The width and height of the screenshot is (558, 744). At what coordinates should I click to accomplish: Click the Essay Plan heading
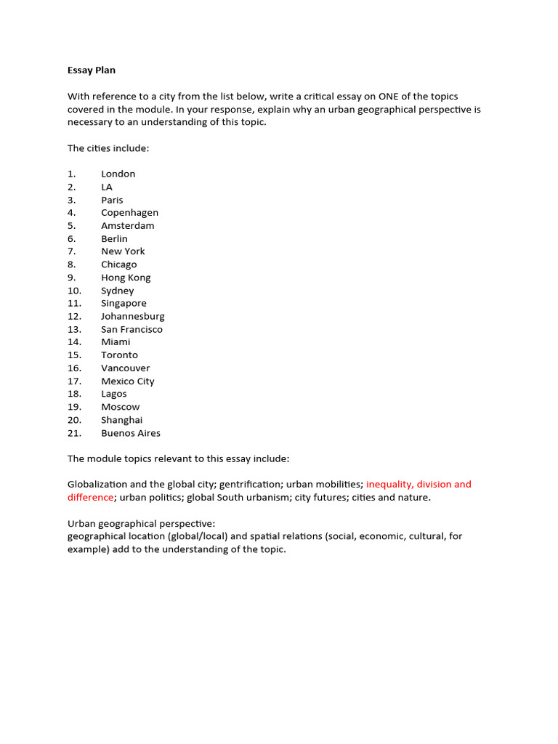point(92,70)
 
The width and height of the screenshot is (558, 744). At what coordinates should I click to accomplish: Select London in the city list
point(118,174)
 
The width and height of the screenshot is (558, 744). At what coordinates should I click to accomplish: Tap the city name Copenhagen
point(129,212)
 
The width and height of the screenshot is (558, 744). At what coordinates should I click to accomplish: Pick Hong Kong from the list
point(126,278)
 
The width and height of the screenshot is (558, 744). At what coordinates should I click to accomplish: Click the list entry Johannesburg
point(133,316)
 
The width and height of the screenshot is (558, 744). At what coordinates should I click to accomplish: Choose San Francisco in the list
point(132,329)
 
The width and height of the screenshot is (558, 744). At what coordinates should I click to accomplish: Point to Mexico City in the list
point(128,381)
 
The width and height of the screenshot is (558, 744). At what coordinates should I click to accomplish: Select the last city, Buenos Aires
point(131,433)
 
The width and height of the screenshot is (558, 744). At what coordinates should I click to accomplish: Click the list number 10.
point(75,291)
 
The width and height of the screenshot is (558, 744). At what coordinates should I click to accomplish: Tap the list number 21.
point(75,433)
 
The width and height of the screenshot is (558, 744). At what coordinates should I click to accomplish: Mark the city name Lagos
point(114,394)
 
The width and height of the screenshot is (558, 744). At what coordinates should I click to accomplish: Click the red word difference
point(90,497)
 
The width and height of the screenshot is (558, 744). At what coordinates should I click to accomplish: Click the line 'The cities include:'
point(108,148)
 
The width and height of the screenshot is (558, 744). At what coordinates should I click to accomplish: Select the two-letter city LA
point(107,187)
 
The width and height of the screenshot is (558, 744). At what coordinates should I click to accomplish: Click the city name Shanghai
point(122,420)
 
